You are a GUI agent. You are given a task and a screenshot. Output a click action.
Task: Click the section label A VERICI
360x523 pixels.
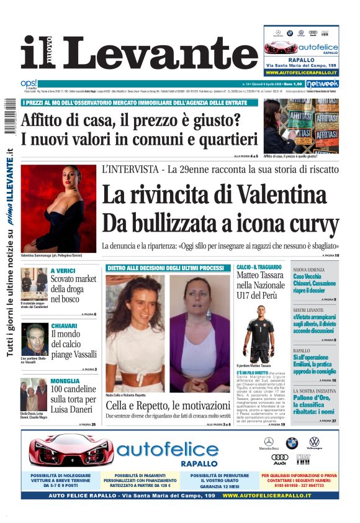point(63,271)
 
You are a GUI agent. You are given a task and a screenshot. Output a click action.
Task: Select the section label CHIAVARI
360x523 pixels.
point(65,325)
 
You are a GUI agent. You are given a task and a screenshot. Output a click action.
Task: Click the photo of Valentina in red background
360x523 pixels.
point(58,208)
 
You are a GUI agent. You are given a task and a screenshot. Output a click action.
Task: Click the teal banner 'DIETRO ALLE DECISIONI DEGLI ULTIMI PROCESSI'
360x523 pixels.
point(165,268)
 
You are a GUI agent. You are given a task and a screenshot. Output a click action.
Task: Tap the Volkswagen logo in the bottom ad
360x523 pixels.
point(315,442)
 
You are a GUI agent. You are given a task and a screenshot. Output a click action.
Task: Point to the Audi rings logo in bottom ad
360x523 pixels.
point(280,458)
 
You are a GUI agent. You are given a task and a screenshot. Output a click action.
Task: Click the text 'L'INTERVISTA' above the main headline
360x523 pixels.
point(128,169)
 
